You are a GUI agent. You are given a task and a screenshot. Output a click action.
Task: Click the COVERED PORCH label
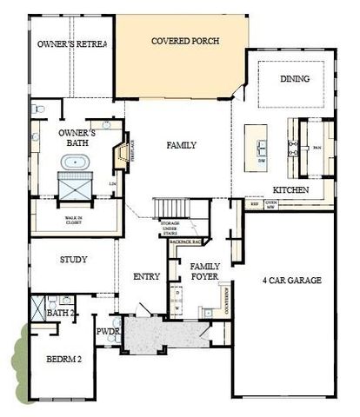(184, 41)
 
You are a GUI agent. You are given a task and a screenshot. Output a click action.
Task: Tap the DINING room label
(294, 79)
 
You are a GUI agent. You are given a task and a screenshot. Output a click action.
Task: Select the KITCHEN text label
(288, 189)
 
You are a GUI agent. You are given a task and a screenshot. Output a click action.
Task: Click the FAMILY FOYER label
(205, 271)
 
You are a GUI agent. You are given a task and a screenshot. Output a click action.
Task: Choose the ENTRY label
(146, 276)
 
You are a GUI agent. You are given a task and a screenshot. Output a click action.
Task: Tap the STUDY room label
(72, 260)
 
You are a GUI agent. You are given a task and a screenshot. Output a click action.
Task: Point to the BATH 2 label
(61, 312)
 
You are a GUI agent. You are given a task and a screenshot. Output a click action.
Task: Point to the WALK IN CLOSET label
(72, 222)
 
